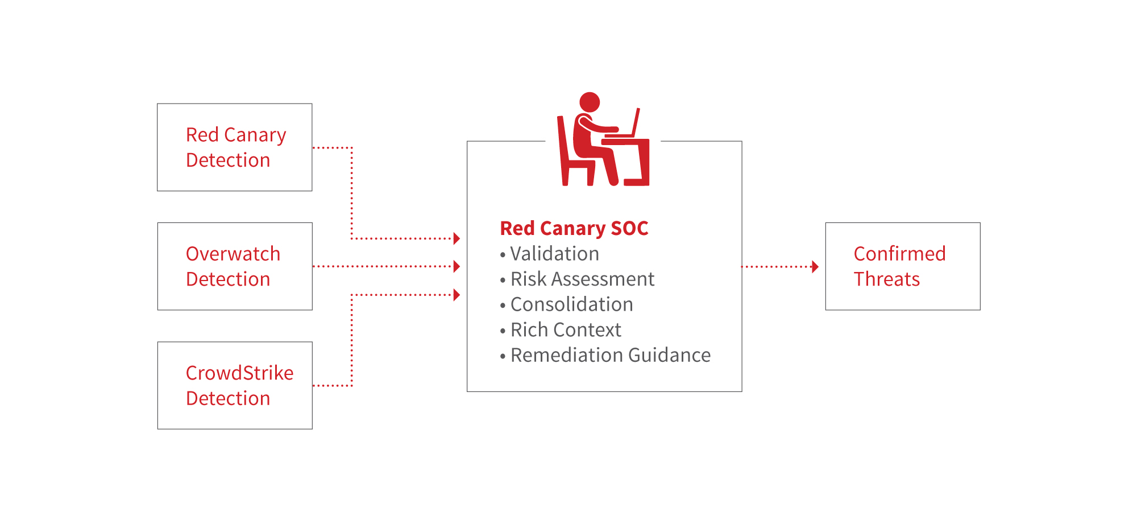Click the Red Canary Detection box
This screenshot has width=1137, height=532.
point(234,147)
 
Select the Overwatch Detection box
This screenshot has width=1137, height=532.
point(234,266)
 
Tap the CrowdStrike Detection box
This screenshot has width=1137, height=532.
point(234,385)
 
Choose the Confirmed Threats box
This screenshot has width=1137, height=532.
point(902,266)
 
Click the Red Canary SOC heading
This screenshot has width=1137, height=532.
point(574,228)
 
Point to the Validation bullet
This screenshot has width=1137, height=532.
point(554,254)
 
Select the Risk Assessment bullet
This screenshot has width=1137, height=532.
point(582,279)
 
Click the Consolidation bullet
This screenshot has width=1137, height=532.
point(571,304)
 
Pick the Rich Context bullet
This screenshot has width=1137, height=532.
point(566,330)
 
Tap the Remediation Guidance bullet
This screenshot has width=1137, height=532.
point(610,355)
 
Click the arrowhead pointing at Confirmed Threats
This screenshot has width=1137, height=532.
point(815,266)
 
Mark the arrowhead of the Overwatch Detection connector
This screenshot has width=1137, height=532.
point(457,266)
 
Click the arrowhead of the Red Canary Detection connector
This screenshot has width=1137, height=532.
point(457,238)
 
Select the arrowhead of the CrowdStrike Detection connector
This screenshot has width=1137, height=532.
point(457,295)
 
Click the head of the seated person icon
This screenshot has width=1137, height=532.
point(590,102)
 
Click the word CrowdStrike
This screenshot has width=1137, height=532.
point(239,373)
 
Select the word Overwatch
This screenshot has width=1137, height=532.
point(233,254)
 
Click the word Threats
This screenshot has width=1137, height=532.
point(886,279)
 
